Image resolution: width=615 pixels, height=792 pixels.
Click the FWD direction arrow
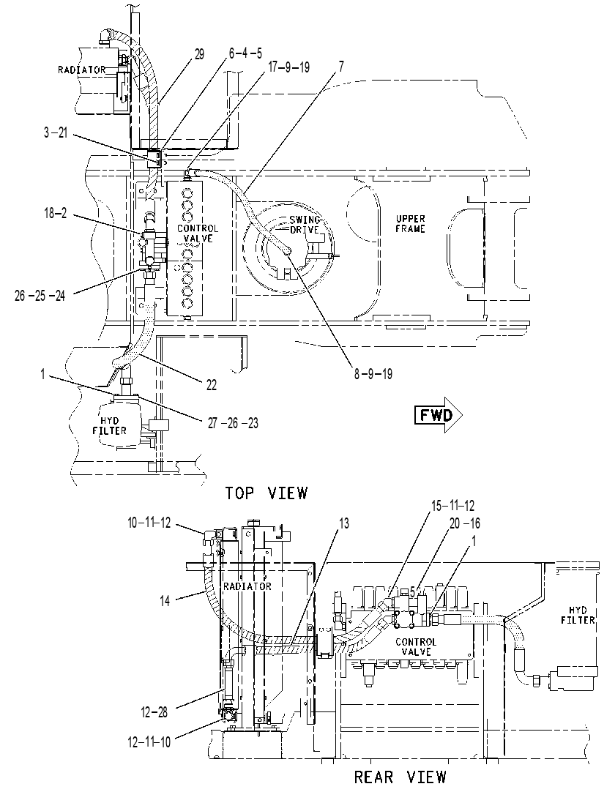pyautogui.click(x=438, y=415)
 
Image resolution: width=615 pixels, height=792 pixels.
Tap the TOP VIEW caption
pyautogui.click(x=266, y=493)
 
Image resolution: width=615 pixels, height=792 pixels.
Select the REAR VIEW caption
pyautogui.click(x=400, y=777)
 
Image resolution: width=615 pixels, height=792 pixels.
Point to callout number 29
pyautogui.click(x=199, y=55)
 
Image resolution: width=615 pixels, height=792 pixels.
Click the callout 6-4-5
pyautogui.click(x=245, y=53)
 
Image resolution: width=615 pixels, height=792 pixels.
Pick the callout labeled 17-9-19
pyautogui.click(x=288, y=67)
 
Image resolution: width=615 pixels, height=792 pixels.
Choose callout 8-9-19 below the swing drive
pyautogui.click(x=373, y=374)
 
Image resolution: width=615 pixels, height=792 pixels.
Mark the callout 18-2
pyautogui.click(x=55, y=213)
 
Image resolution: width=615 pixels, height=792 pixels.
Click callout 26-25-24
pyautogui.click(x=40, y=296)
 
